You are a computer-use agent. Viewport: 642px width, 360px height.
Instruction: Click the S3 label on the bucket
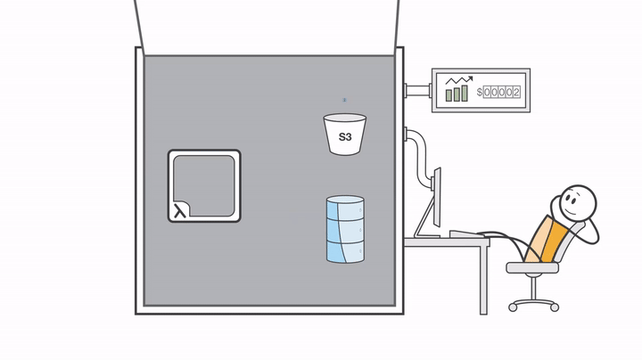pyautogui.click(x=344, y=138)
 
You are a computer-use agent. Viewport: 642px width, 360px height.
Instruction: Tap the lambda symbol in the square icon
pyautogui.click(x=180, y=210)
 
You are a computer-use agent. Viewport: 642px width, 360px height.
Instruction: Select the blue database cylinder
pyautogui.click(x=345, y=230)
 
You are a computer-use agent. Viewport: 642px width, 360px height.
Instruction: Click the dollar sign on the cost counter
pyautogui.click(x=480, y=92)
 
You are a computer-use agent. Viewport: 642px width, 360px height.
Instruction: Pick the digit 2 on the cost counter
pyautogui.click(x=516, y=92)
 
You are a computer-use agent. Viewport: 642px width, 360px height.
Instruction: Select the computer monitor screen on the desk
pyautogui.click(x=436, y=200)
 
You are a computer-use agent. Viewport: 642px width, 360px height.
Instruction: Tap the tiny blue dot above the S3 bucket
pyautogui.click(x=345, y=101)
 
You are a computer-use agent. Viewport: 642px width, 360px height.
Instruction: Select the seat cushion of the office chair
pyautogui.click(x=531, y=266)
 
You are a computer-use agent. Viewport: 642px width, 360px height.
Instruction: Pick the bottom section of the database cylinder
pyautogui.click(x=345, y=252)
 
